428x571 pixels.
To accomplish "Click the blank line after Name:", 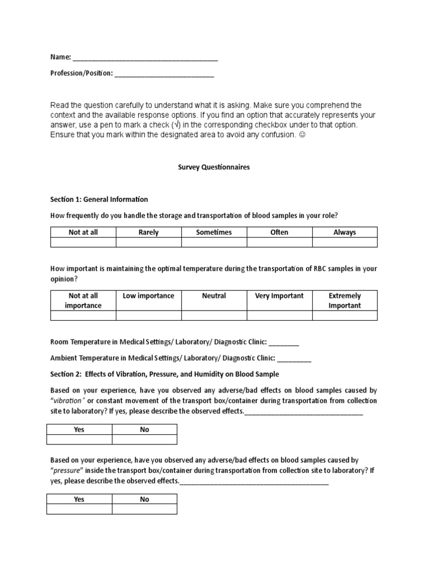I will [x=145, y=58].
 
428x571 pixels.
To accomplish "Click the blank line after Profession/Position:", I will [x=164, y=74].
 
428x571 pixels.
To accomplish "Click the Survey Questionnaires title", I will [x=214, y=167].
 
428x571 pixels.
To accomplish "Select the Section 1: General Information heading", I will [x=99, y=199].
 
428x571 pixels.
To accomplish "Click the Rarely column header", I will [x=148, y=233].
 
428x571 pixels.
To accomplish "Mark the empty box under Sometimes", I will [x=214, y=243].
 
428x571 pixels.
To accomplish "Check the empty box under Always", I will [x=344, y=243].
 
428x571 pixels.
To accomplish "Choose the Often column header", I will [x=279, y=233].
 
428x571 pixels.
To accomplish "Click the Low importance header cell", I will [x=148, y=296].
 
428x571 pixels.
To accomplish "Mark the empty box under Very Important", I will [x=279, y=316].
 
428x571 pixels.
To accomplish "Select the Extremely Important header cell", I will [x=344, y=301].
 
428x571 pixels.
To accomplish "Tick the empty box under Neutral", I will [x=214, y=316].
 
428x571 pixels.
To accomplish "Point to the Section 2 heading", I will [x=164, y=374].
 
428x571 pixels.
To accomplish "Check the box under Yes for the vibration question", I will [x=79, y=440].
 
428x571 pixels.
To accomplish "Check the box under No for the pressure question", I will [x=144, y=509].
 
